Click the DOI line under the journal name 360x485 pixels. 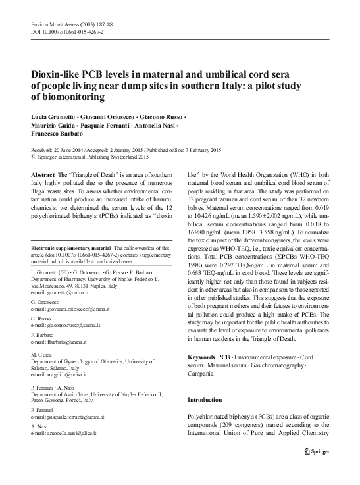tap(59, 31)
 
